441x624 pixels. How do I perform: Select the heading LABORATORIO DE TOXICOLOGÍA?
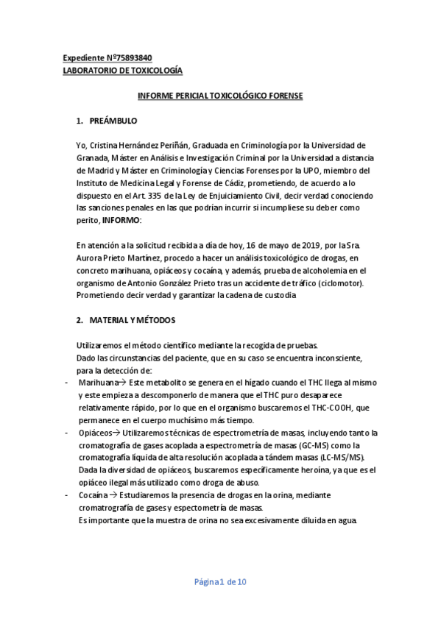pos(122,70)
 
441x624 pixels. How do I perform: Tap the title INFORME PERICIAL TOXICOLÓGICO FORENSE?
pos(221,96)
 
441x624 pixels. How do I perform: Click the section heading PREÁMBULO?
pos(113,120)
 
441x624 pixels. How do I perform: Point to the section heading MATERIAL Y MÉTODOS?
pos(132,321)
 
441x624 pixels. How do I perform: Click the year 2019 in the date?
pos(277,245)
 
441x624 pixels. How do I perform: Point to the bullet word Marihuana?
pos(97,383)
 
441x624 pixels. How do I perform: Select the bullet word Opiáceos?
pos(95,433)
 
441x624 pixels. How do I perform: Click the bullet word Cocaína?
pos(93,495)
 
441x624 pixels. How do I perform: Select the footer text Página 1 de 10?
pos(220,582)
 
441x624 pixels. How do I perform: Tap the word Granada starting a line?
pos(93,157)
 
